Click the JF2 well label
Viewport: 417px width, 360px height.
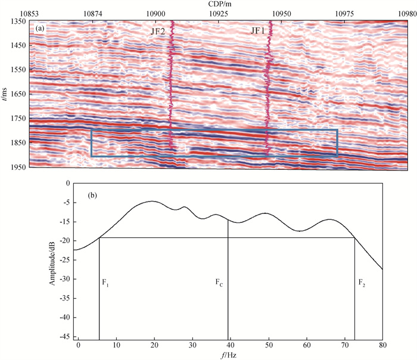[158, 31]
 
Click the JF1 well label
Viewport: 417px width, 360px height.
[257, 31]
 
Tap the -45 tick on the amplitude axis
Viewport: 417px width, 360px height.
[64, 337]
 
